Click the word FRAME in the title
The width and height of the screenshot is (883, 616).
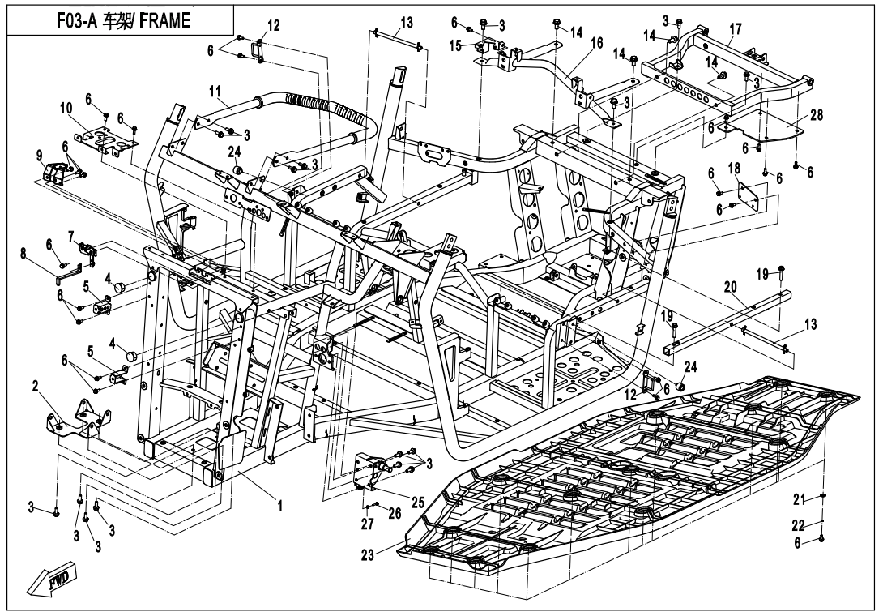coord(164,21)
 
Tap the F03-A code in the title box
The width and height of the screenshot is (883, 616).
coord(78,21)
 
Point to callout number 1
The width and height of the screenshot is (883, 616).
coord(279,506)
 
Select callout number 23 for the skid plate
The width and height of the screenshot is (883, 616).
coord(368,556)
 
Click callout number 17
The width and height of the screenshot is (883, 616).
coord(736,29)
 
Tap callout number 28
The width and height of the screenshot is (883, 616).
coord(816,115)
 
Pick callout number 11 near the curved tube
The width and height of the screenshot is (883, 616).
coord(215,92)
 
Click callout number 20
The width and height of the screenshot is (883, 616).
coord(731,287)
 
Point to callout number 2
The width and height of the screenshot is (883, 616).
coord(36,387)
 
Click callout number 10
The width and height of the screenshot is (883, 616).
coord(66,109)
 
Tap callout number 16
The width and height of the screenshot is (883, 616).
coord(597,43)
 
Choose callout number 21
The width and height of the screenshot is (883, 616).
coord(800,498)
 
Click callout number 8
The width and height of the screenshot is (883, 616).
coord(23,254)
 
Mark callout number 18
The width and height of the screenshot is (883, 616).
coord(734,169)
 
